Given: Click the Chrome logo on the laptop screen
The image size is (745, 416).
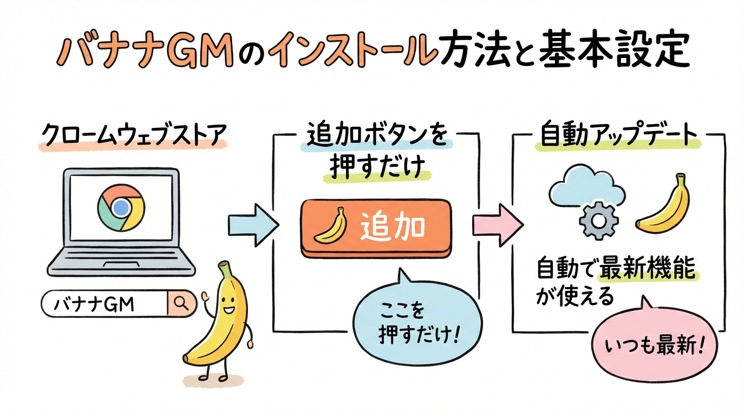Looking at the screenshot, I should point(121,207).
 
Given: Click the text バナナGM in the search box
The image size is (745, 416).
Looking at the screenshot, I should point(93,304).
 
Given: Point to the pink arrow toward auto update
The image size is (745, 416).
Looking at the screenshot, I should point(496,222).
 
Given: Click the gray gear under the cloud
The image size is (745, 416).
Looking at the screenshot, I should point(596,222).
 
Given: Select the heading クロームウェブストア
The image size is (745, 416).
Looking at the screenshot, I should point(133,136).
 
